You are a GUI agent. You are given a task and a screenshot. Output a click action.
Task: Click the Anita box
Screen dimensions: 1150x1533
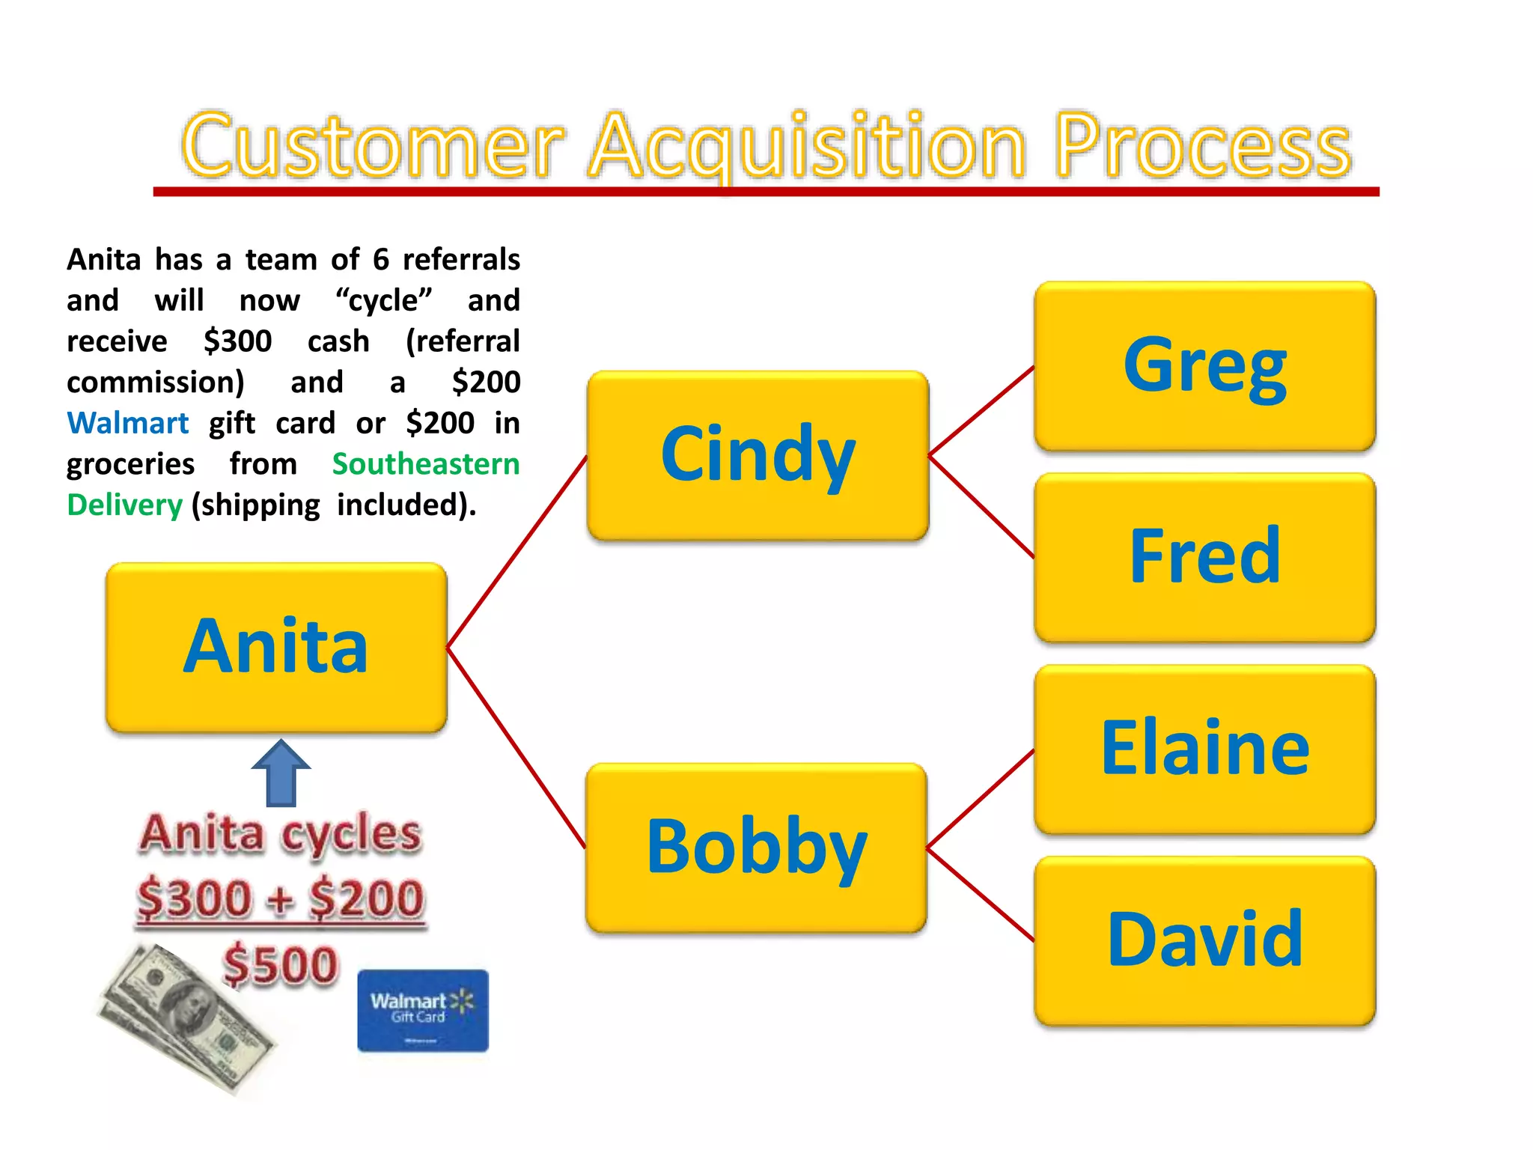[x=276, y=647]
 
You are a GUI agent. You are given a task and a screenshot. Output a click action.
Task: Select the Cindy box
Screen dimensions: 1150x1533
[x=758, y=455]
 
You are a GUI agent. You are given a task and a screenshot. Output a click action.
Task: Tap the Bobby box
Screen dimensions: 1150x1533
[x=756, y=848]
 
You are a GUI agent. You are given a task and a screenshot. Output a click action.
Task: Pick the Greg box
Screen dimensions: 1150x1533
[x=1204, y=366]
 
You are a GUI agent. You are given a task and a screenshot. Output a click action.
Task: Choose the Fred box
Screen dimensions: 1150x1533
[x=1204, y=557]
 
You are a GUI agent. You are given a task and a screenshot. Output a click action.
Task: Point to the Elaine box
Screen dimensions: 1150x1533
[x=1204, y=749]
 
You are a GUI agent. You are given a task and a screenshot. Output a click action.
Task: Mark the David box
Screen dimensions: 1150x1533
[x=1204, y=940]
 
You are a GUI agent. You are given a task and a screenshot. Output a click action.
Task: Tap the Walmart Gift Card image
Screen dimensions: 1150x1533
[x=423, y=1010]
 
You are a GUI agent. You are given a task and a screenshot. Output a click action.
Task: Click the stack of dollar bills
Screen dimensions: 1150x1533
[x=187, y=1018]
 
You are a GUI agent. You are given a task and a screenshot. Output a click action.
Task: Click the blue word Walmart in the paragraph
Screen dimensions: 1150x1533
[x=127, y=423]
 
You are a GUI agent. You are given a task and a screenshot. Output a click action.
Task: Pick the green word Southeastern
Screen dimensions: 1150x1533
[x=425, y=464]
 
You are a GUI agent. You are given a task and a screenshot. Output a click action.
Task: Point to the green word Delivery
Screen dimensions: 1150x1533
[x=124, y=505]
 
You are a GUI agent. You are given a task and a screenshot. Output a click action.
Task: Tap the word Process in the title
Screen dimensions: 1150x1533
[x=1202, y=145]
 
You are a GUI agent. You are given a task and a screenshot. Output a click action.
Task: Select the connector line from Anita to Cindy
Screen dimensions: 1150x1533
[x=516, y=552]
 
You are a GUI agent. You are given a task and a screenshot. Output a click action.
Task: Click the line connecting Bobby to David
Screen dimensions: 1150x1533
[x=981, y=895]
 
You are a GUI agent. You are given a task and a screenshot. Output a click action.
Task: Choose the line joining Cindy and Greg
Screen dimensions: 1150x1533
[x=981, y=411]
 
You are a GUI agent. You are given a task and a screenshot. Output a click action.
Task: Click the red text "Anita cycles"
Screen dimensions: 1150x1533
[x=281, y=833]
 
